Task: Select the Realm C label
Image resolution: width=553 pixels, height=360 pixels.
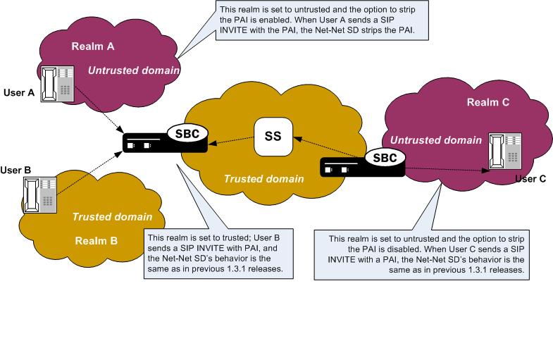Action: coord(488,102)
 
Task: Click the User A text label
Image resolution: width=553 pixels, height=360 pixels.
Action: coord(15,93)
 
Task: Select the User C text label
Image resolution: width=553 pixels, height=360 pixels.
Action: coord(530,178)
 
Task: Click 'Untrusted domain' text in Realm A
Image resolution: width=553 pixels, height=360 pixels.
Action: coord(134,71)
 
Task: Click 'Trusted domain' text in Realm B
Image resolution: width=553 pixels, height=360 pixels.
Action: coord(112,216)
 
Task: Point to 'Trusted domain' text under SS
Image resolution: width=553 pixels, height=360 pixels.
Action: coord(263,180)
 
